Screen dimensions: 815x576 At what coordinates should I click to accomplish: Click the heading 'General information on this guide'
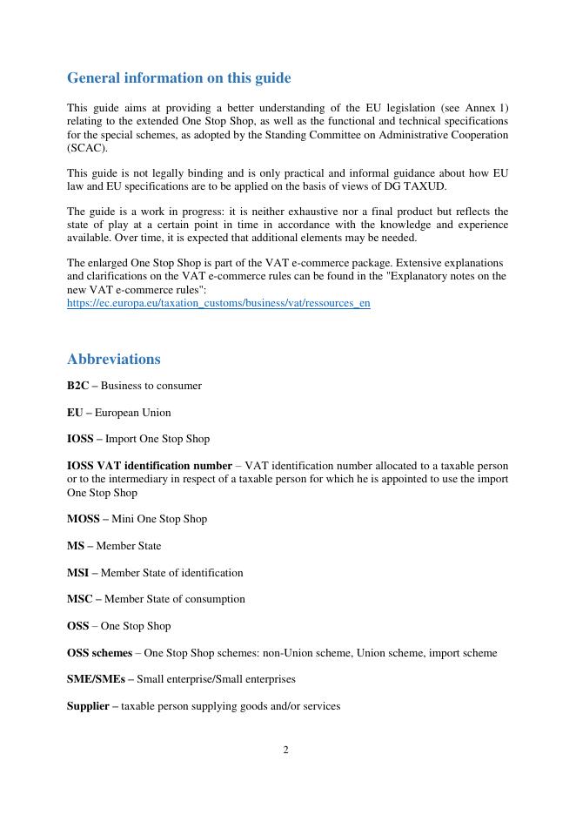click(178, 78)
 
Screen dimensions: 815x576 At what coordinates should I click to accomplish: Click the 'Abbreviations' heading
click(113, 359)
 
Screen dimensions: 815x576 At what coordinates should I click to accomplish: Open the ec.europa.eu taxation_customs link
click(218, 304)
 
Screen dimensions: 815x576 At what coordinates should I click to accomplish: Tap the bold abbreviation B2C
click(77, 386)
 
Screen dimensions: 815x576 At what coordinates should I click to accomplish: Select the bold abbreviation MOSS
click(83, 519)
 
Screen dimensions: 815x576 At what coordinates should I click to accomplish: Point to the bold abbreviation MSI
click(77, 573)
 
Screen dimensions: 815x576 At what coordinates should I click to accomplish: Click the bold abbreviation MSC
click(78, 599)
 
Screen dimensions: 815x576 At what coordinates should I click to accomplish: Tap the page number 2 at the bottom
click(285, 750)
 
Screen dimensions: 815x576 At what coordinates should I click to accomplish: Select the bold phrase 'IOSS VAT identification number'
click(149, 466)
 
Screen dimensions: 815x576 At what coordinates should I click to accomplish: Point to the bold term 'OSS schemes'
click(99, 653)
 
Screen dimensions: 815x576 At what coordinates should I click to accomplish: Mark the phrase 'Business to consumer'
click(151, 386)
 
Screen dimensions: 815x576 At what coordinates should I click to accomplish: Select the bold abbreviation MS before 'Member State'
click(75, 546)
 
